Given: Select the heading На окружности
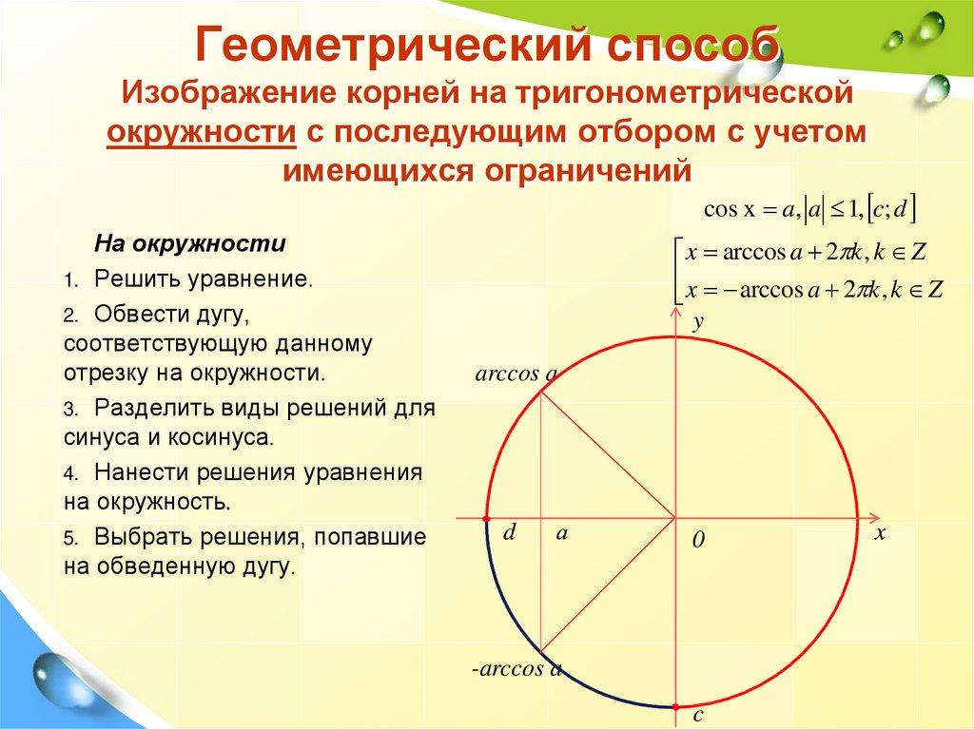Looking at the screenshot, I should [189, 242].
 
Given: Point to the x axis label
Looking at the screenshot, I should [880, 534].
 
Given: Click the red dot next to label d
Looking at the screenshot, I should [486, 519].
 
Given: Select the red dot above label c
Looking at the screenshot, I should [676, 706].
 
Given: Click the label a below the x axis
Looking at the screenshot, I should [562, 533].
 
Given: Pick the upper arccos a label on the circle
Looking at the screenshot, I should [515, 374].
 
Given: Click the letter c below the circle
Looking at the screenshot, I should [697, 715].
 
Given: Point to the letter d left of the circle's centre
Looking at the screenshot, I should [509, 533].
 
